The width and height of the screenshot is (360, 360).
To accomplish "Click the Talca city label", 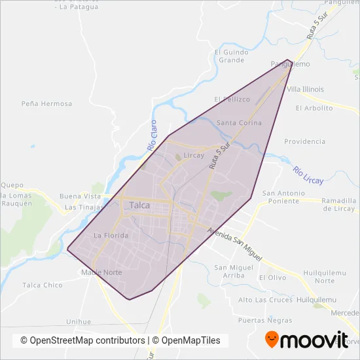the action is [140, 205].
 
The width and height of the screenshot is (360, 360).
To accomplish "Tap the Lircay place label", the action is [194, 156].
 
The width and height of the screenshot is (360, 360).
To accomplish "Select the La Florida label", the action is [109, 235].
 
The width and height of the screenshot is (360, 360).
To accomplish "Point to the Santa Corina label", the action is [239, 123].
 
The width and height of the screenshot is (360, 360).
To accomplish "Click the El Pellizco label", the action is [236, 99].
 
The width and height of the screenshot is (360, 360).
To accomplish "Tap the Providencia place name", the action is [304, 141].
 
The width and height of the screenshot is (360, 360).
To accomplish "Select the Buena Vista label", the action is [80, 196].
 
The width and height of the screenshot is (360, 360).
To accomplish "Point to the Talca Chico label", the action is [43, 285].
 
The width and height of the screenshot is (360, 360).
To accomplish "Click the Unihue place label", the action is [79, 321].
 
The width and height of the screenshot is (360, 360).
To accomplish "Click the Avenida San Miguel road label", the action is [234, 244].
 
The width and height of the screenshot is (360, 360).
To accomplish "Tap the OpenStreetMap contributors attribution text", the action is [82, 340].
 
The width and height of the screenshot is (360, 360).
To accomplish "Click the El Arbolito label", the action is [314, 108].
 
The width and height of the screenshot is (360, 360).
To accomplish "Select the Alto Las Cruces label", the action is [264, 300].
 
